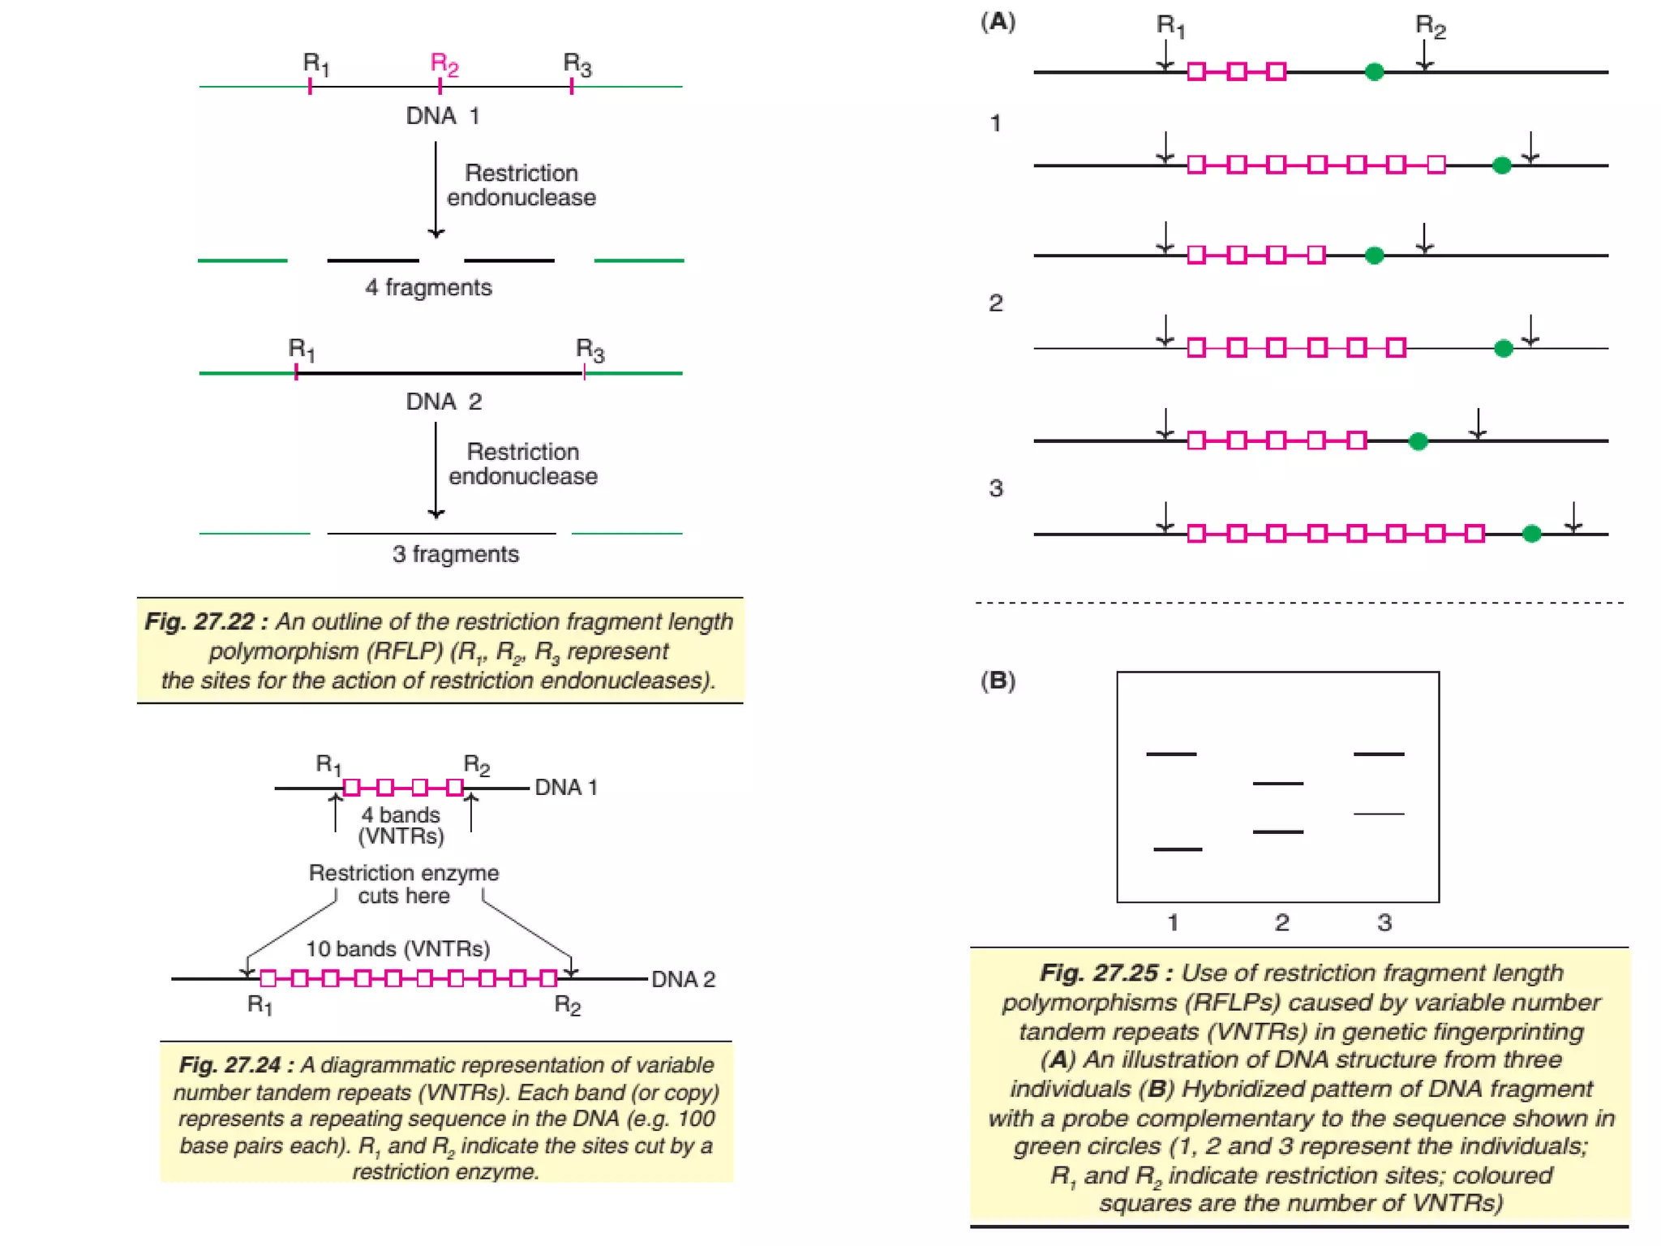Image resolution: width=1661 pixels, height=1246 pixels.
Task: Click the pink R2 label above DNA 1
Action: tap(444, 63)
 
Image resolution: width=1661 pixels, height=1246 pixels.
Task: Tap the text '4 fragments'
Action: tap(428, 287)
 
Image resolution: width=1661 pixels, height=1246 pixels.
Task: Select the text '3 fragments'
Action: tap(455, 554)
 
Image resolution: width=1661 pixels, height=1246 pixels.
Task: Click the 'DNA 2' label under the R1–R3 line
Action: tap(444, 402)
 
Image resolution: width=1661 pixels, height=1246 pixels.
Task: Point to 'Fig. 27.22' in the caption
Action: tap(200, 621)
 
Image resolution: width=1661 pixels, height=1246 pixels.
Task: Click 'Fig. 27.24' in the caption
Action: tap(230, 1064)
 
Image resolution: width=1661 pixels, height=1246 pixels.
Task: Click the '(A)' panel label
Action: tap(998, 22)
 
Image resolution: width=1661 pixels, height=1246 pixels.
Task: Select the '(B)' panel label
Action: tap(998, 681)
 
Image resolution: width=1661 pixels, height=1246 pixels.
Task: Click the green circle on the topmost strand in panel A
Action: tap(1374, 72)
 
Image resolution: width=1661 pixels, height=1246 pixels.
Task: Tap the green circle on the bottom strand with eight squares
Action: tap(1531, 534)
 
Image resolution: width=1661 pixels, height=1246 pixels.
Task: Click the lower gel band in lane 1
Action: tap(1177, 849)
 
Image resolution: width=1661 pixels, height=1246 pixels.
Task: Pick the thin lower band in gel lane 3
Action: tap(1379, 814)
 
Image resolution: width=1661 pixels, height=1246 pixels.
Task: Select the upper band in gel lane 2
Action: tap(1277, 784)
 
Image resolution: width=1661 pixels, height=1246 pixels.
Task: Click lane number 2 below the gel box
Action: tap(1281, 922)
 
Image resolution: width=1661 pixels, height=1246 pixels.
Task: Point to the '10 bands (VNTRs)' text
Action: tap(397, 948)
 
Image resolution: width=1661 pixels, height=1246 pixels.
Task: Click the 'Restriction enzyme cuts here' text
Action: tap(404, 884)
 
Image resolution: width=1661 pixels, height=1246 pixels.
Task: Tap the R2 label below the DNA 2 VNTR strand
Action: tap(568, 1006)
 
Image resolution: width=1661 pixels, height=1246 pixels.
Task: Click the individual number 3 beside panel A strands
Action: tap(996, 488)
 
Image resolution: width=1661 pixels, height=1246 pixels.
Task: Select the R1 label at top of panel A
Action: tap(1170, 26)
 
